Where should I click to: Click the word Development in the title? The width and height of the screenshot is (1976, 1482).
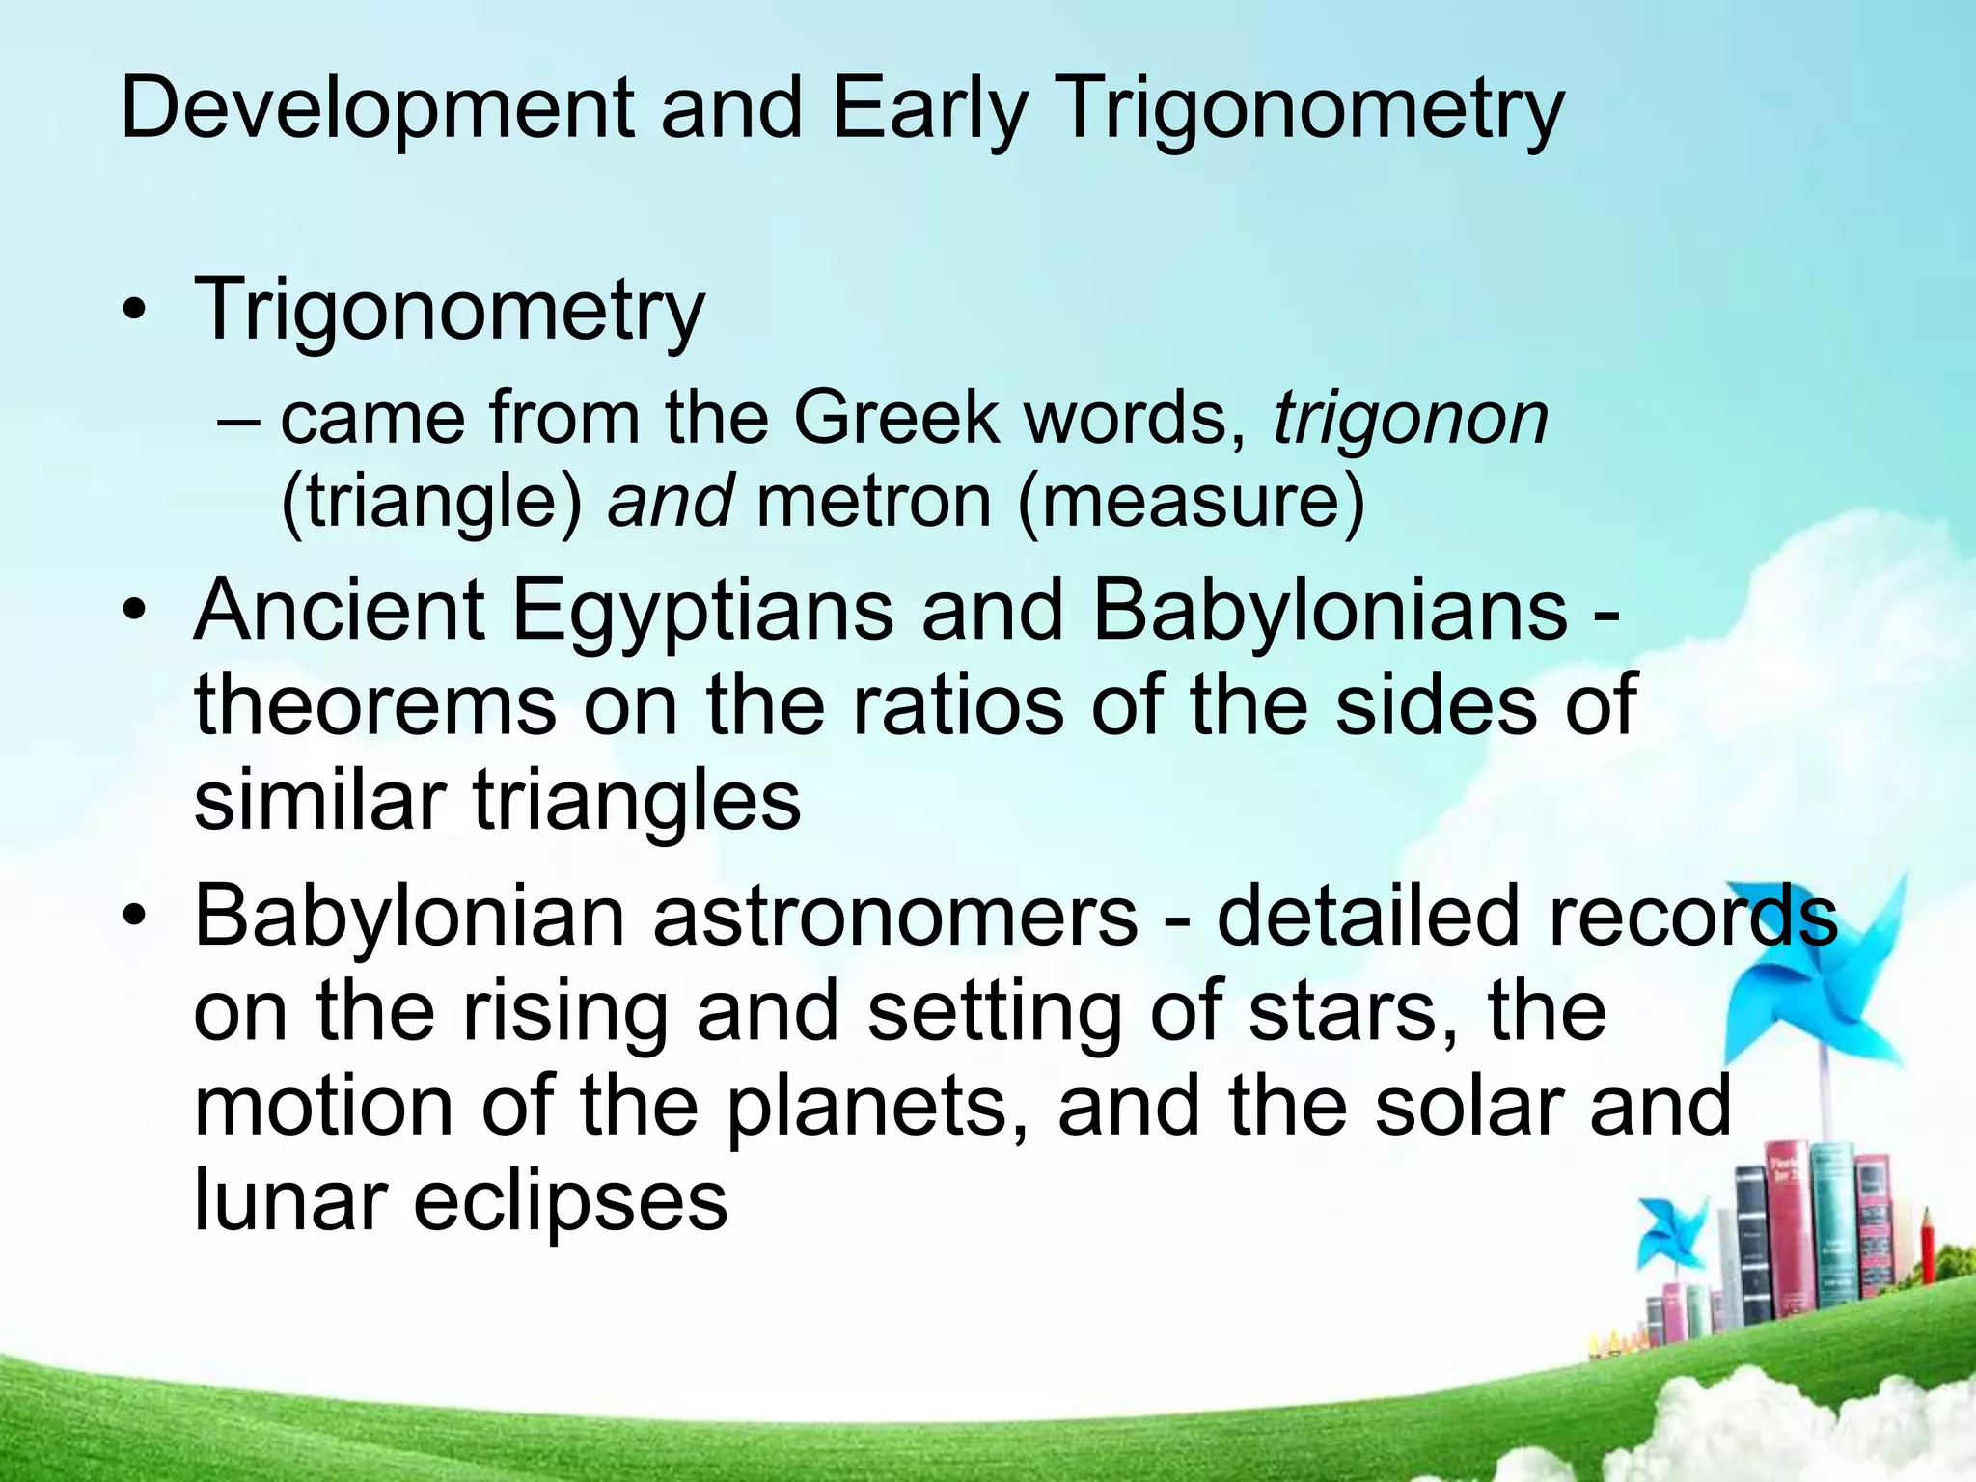point(377,108)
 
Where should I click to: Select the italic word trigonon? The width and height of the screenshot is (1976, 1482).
point(1410,419)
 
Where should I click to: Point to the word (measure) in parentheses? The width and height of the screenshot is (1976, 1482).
point(1191,501)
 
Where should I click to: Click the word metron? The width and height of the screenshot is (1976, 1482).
point(873,501)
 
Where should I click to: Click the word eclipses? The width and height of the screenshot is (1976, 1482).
point(570,1201)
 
